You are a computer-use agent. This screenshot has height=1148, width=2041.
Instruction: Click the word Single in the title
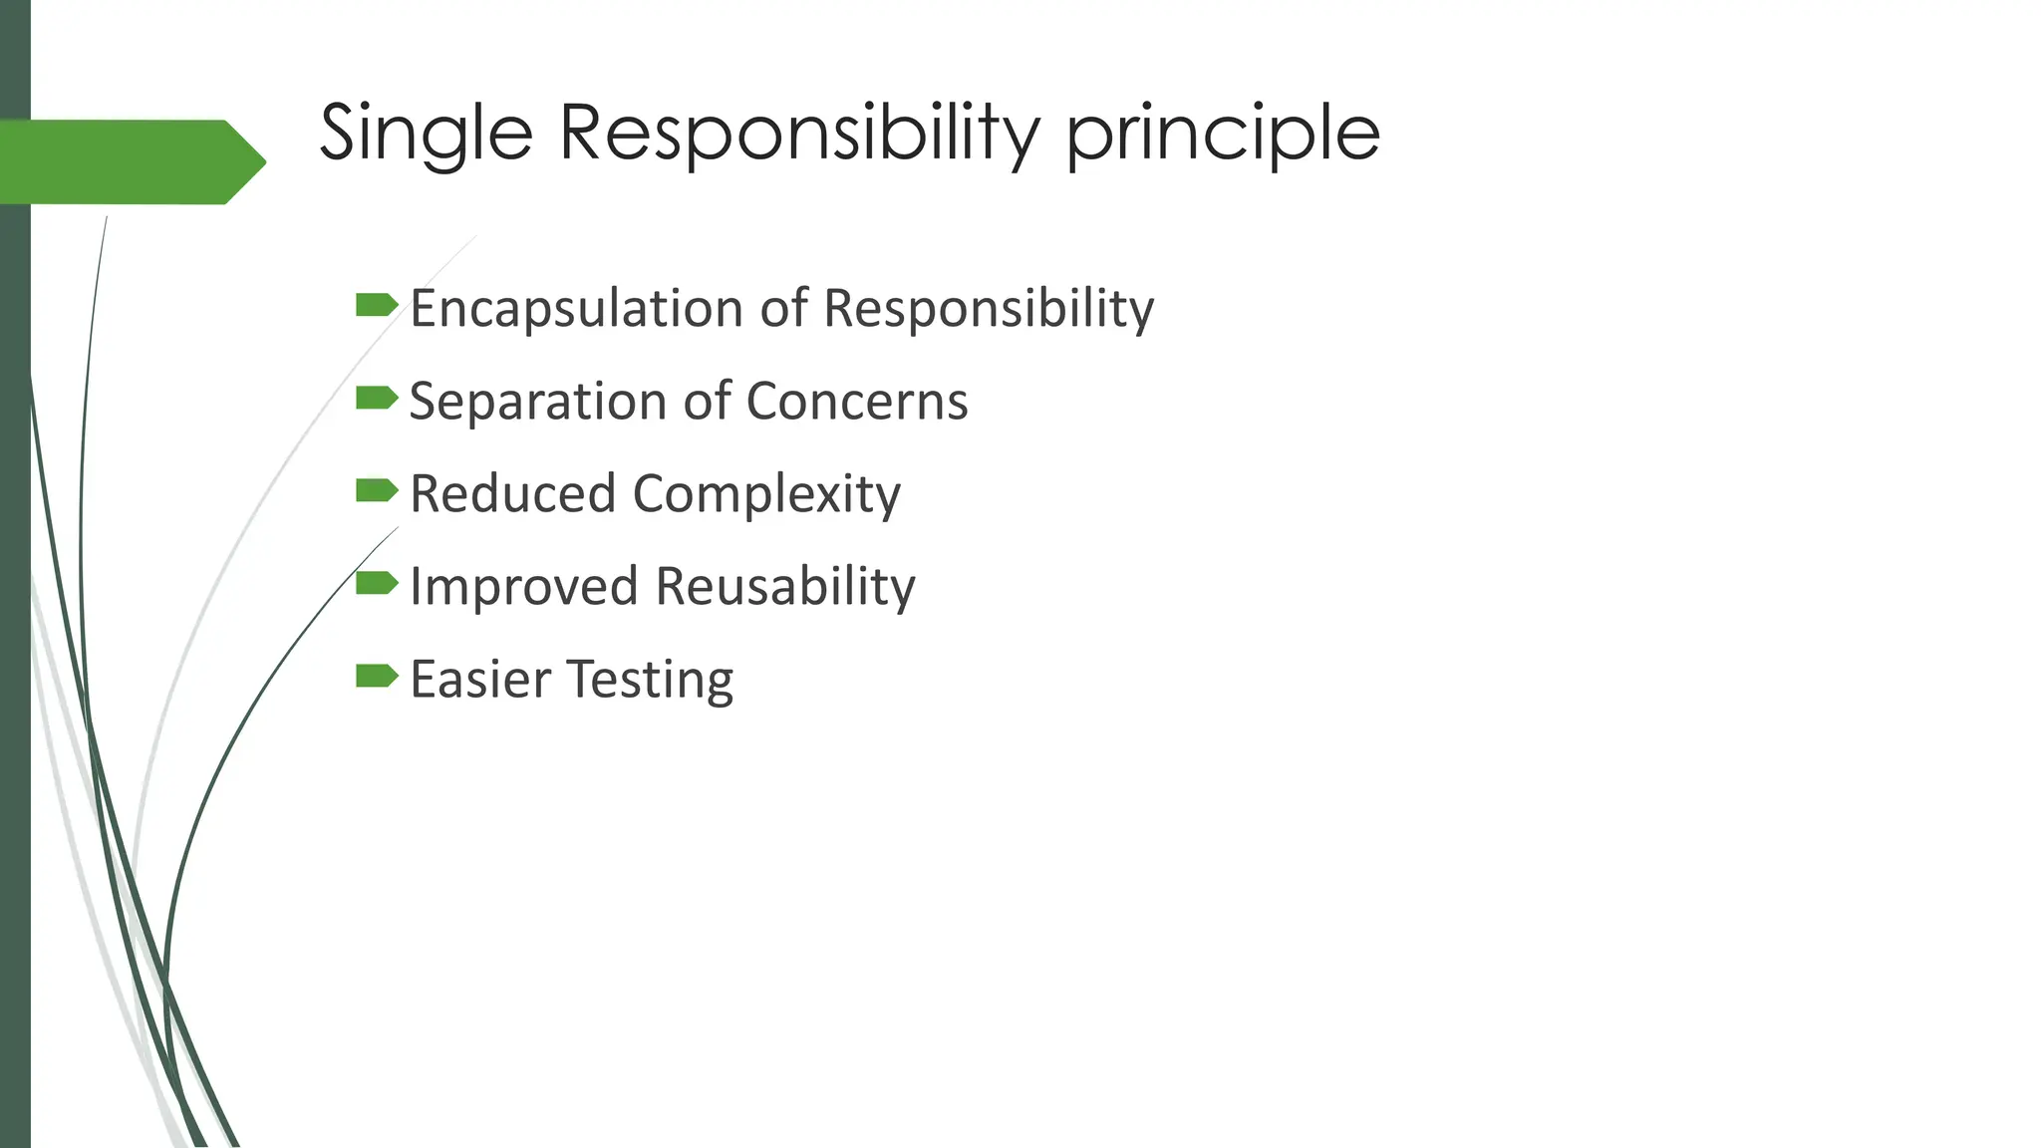(426, 134)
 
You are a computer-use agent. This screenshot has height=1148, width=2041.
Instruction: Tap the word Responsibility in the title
(799, 134)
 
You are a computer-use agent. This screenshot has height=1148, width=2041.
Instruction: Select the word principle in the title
(1223, 136)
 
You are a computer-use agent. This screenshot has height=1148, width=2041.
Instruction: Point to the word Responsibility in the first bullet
(989, 309)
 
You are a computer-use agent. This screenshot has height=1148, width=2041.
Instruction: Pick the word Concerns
(856, 402)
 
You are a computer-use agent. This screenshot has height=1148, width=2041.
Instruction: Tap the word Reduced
(512, 494)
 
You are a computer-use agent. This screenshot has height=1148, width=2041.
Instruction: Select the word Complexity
(766, 495)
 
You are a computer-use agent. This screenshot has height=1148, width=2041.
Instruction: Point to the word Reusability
(785, 587)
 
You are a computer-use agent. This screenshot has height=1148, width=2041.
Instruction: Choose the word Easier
(481, 680)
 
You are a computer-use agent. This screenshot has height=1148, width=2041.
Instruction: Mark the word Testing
(652, 681)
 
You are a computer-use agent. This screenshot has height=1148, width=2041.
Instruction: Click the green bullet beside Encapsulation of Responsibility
(377, 305)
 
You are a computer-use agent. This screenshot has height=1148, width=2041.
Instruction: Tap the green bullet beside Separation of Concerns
(377, 399)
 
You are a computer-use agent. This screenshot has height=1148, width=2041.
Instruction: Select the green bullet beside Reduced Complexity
(377, 490)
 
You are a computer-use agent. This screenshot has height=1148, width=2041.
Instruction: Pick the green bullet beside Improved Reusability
(377, 583)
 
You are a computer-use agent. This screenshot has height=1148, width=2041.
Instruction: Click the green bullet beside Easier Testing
(377, 677)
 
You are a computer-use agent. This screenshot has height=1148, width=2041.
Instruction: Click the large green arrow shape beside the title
(130, 161)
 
